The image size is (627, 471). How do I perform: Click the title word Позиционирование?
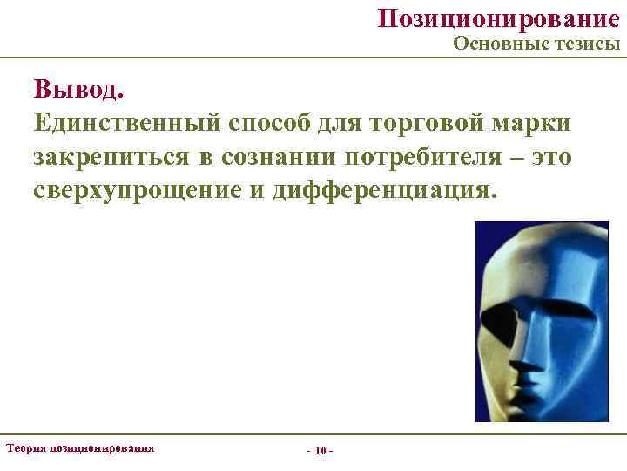pyautogui.click(x=499, y=18)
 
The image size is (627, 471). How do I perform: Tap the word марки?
pyautogui.click(x=532, y=122)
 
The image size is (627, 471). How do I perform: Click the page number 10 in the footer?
pyautogui.click(x=320, y=451)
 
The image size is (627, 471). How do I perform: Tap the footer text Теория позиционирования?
pyautogui.click(x=80, y=447)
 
